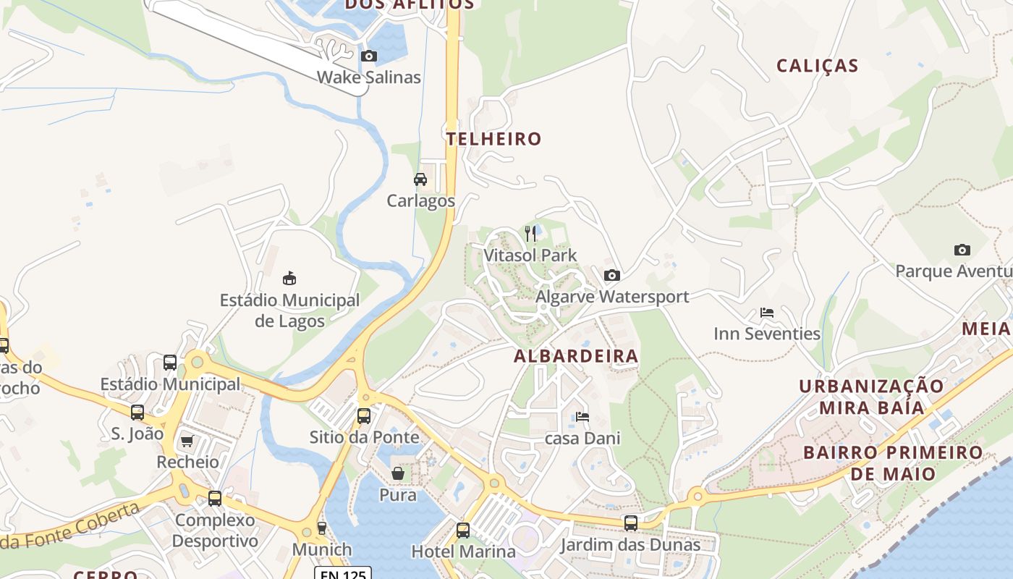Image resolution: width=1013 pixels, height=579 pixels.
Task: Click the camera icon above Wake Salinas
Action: [369, 56]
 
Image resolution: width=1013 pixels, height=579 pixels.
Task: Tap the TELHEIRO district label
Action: [494, 139]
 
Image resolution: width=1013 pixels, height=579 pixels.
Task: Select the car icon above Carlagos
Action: [420, 179]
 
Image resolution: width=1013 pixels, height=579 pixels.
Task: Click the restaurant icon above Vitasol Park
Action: [530, 233]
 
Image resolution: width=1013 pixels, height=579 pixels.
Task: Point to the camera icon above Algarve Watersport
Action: [611, 275]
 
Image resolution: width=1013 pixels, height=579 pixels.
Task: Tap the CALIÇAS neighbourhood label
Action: [818, 66]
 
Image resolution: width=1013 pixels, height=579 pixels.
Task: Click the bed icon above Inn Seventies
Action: [767, 313]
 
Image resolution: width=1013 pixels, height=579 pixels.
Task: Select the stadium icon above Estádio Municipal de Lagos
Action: [289, 278]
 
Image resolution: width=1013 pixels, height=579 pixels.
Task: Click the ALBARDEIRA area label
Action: [576, 356]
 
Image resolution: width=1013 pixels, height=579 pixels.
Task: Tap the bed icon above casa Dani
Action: [582, 417]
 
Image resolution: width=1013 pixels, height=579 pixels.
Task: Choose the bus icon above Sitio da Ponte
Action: [364, 415]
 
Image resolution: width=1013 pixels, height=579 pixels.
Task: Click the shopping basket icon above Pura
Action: [398, 473]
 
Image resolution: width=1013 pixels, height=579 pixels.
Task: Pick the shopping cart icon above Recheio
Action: [187, 441]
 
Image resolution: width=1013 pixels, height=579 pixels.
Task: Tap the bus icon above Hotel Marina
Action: [463, 530]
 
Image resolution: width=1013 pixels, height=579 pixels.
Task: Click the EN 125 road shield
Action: [342, 573]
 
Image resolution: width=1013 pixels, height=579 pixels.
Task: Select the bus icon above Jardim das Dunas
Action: [631, 523]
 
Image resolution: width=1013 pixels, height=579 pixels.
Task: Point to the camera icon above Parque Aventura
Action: [962, 250]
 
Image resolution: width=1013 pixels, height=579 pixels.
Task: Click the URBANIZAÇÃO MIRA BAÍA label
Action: [871, 397]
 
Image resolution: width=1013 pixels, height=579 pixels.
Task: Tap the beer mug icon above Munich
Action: [322, 528]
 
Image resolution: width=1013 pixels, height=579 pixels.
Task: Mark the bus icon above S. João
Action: [137, 413]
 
